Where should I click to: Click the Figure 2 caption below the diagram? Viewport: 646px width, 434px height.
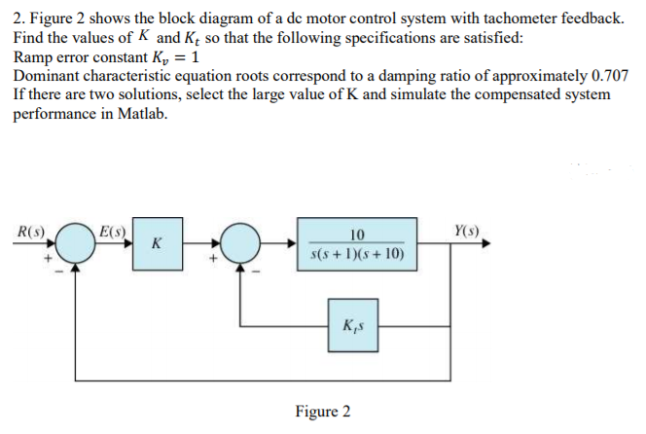pos(322,411)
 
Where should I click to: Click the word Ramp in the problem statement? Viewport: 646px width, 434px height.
pos(33,57)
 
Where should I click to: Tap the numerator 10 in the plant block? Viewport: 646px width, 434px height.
pos(356,234)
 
